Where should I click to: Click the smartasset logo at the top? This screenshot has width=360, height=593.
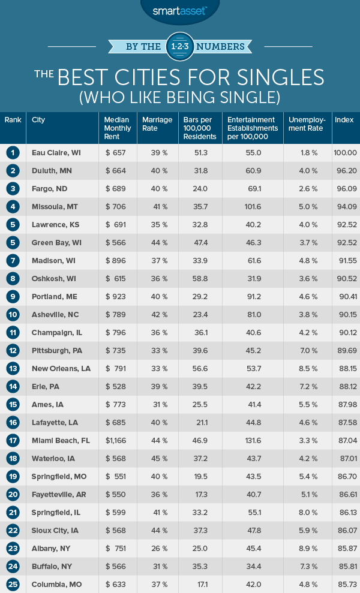click(180, 11)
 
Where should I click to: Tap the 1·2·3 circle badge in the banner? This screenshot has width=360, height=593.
click(180, 45)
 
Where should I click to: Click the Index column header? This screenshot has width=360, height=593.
click(344, 120)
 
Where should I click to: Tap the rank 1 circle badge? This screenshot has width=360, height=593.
click(13, 153)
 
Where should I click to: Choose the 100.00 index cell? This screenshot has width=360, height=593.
click(345, 153)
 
